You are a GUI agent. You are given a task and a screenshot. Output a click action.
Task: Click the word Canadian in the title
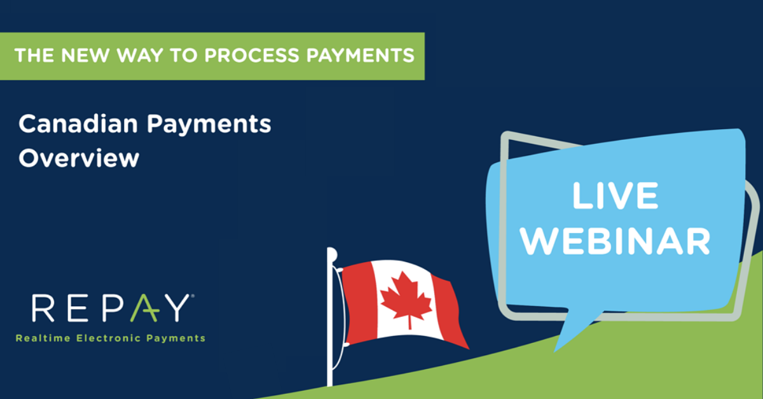(x=78, y=124)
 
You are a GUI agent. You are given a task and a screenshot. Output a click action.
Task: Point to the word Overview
(x=78, y=158)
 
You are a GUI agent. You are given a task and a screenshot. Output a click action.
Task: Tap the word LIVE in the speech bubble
(x=614, y=196)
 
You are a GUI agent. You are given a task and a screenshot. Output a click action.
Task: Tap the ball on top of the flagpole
(x=331, y=254)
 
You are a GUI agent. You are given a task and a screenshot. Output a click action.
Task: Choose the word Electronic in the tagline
(x=106, y=338)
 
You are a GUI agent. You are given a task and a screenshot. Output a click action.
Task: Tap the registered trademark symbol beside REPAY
(x=191, y=297)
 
